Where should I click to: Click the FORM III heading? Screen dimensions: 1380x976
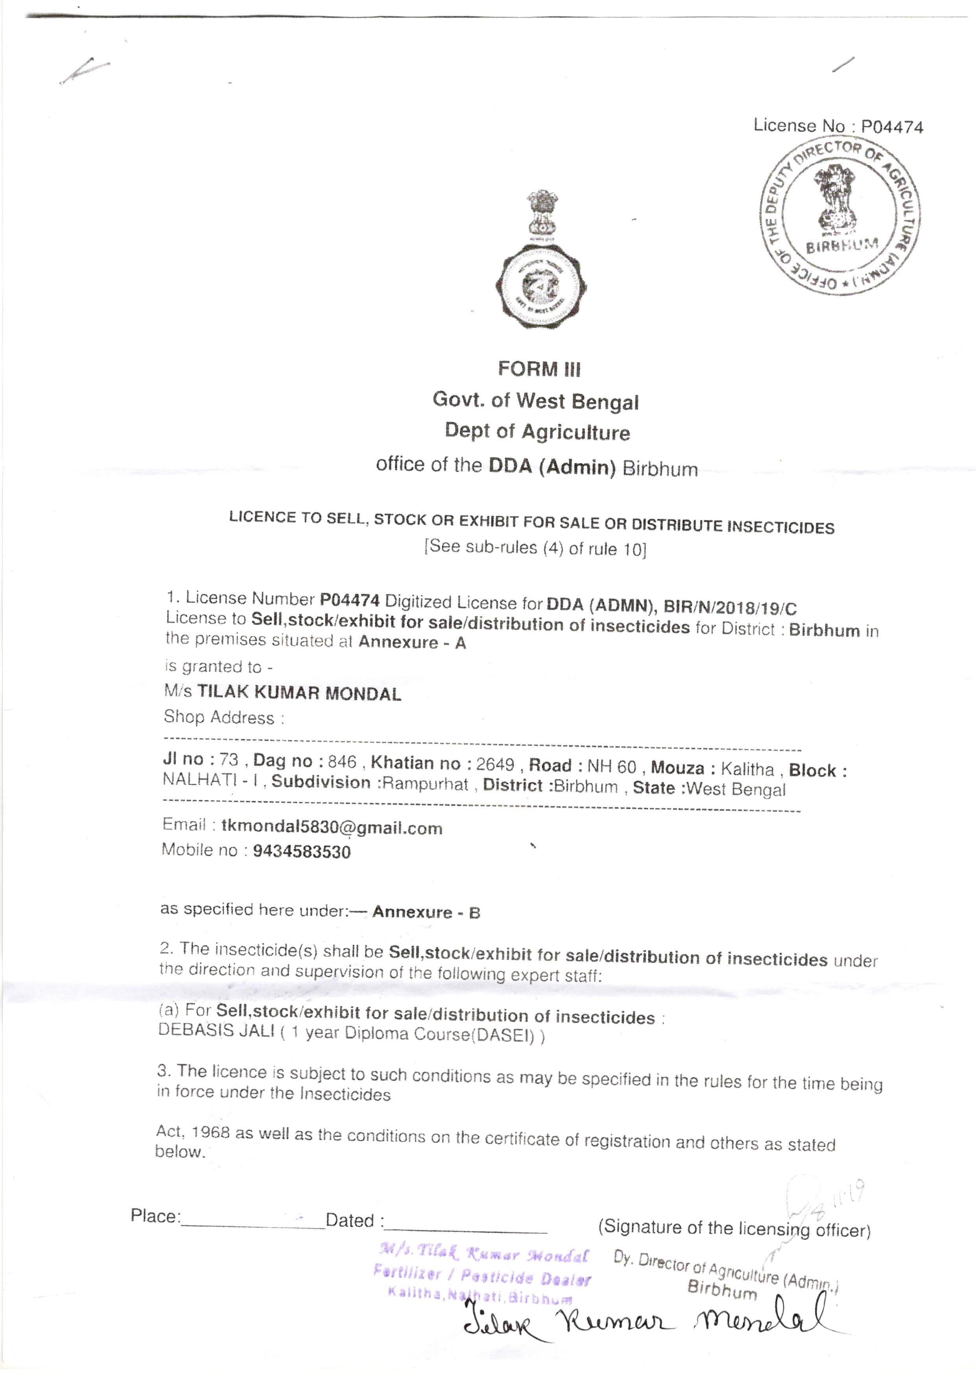(x=539, y=368)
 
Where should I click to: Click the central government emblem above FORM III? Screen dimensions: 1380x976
(x=541, y=259)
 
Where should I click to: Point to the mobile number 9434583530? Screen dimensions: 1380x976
(x=302, y=852)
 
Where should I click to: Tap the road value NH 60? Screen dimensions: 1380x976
(x=611, y=766)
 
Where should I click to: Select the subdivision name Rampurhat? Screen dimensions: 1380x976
(x=426, y=784)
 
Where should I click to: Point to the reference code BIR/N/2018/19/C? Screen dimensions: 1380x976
(x=730, y=608)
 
